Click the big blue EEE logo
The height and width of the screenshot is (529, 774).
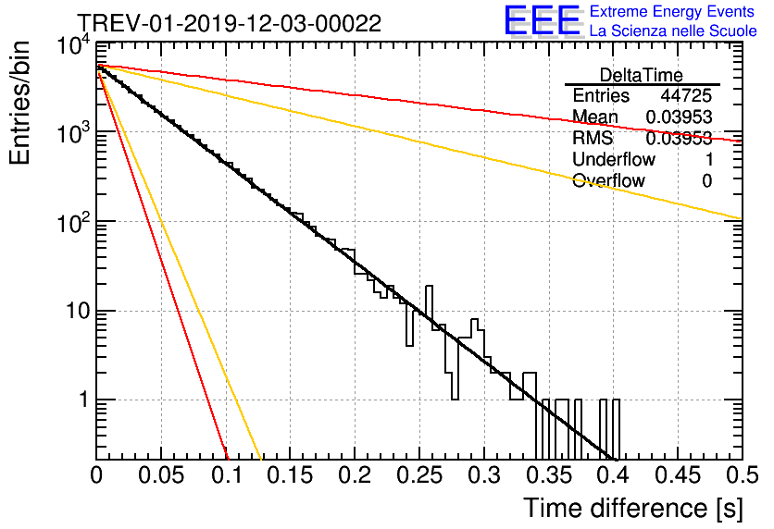(x=542, y=21)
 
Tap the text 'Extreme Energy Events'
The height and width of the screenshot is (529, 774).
(x=671, y=12)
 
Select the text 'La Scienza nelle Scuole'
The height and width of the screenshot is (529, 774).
(x=673, y=31)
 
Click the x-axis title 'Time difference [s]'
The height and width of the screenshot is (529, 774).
(x=632, y=508)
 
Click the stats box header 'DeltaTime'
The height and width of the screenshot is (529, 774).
(x=642, y=75)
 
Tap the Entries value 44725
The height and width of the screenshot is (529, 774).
(x=686, y=96)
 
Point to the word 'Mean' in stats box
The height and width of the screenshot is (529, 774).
(x=595, y=117)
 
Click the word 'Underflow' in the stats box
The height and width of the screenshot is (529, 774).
(x=614, y=160)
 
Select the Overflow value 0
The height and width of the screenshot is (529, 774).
(x=706, y=181)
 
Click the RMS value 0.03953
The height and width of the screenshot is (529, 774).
(x=679, y=139)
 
